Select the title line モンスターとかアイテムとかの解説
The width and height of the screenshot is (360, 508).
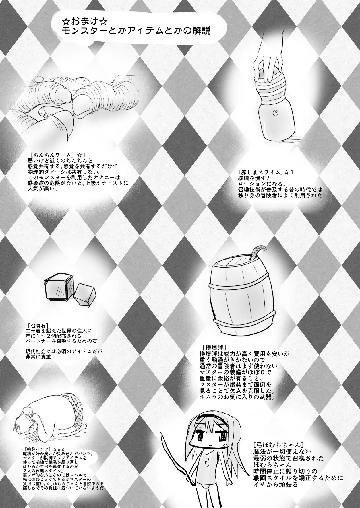pyautogui.click(x=138, y=31)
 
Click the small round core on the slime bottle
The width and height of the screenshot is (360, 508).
pyautogui.click(x=276, y=113)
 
